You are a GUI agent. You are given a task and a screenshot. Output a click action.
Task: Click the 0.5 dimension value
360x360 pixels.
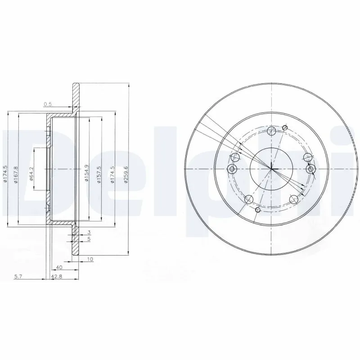48,104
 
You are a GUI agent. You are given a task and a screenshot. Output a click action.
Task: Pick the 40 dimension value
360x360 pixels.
59,266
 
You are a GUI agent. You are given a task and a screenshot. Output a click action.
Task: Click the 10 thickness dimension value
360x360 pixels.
90,259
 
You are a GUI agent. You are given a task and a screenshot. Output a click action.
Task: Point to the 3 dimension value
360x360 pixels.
90,232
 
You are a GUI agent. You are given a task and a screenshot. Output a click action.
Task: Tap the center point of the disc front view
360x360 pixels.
271,169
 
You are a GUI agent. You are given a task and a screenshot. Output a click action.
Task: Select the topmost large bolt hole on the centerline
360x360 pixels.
271,131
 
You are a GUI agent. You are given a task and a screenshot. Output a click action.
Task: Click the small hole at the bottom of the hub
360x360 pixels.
257,210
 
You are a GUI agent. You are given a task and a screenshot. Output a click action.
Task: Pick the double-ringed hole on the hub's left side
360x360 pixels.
232,169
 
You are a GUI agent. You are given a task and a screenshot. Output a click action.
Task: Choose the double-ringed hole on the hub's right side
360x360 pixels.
310,169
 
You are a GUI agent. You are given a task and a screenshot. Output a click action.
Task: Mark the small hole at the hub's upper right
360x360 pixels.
284,127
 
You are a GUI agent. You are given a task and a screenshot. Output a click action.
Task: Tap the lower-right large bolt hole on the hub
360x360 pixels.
293,200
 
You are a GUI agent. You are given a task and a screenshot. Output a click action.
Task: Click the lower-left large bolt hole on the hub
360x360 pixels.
248,200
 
